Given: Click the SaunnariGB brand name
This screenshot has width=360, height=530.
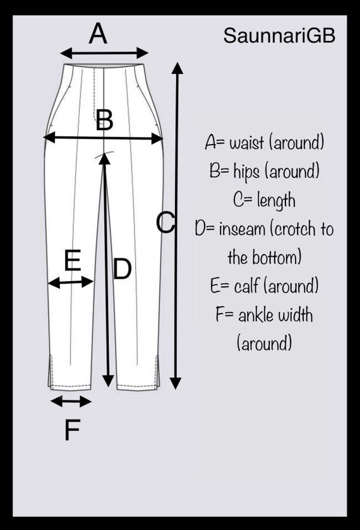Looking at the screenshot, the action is coord(279,35).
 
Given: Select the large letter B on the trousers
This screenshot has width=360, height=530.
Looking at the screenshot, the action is coord(104,120).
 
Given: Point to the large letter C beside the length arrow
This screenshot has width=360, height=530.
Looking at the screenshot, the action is coord(165,222).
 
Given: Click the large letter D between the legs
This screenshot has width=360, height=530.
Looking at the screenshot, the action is coord(122,268).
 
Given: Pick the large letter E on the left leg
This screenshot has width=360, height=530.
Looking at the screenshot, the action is coord(73,260).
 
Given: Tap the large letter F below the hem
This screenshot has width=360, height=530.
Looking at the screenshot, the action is coord(72,430).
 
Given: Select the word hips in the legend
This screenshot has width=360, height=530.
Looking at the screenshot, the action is coord(246,171).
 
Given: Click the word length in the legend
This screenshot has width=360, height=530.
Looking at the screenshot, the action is coord(276,200).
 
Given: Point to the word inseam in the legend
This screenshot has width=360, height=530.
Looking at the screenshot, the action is coord(242,229).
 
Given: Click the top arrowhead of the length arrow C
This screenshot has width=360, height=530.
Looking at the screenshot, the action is coord(177,68).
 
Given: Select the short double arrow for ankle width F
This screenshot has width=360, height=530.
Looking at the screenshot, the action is coord(71,402).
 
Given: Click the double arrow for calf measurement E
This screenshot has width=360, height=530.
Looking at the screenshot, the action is coord(71,282).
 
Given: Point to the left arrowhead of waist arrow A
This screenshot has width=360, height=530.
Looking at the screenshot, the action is coord(66,53).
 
